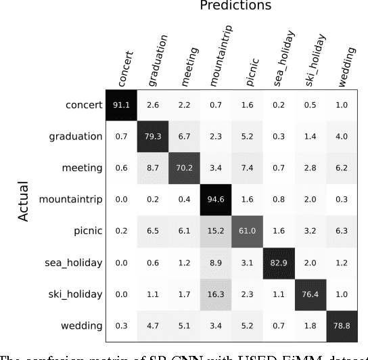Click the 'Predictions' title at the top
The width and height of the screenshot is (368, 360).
pyautogui.click(x=235, y=7)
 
